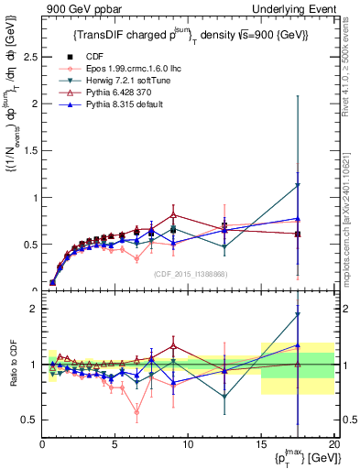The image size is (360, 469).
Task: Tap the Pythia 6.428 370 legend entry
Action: click(102, 92)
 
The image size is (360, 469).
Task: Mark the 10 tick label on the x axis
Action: click(188, 444)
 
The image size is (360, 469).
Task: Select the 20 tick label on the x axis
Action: click(333, 444)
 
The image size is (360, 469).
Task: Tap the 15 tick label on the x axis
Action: click(261, 444)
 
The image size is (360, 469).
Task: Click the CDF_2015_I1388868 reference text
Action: click(190, 274)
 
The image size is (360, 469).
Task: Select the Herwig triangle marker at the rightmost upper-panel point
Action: click(297, 186)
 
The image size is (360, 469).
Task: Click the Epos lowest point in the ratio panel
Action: click(136, 412)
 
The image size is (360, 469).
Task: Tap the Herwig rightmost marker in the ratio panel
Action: click(297, 315)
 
